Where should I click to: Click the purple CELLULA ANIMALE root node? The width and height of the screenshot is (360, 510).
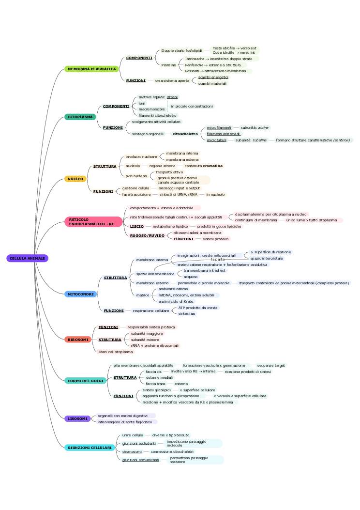[28, 258]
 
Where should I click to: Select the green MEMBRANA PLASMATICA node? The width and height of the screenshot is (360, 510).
[91, 69]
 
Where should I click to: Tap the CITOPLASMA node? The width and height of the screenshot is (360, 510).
[80, 117]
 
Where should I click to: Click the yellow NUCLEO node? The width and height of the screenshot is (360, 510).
[75, 179]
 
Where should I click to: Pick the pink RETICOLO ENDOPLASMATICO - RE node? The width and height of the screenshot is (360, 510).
[92, 222]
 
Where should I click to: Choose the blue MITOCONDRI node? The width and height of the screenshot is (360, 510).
[80, 294]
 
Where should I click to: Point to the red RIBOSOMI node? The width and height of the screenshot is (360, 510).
[78, 340]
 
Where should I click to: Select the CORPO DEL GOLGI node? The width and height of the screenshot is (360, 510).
[85, 381]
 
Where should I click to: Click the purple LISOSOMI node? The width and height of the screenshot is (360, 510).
[77, 418]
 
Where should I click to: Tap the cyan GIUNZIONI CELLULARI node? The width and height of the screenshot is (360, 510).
[90, 448]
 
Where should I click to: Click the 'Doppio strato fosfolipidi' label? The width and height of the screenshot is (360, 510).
[181, 50]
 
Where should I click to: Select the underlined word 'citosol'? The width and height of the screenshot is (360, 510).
[172, 97]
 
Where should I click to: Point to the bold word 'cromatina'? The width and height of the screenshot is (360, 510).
[213, 166]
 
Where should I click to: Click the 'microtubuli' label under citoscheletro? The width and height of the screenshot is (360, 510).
[217, 140]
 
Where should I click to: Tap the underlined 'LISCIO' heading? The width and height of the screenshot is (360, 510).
[137, 226]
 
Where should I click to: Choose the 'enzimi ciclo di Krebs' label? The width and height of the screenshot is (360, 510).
[176, 301]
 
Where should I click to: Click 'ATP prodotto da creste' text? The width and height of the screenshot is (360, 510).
[198, 308]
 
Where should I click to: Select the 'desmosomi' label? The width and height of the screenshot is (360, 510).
[132, 451]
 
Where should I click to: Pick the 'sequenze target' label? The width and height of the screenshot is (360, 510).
[271, 365]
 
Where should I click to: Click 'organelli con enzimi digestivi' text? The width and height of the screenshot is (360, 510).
[122, 416]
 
